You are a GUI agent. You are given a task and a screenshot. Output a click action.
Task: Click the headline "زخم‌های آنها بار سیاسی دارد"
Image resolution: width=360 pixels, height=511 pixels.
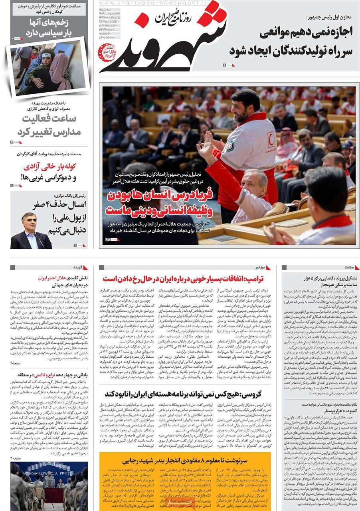click(49, 27)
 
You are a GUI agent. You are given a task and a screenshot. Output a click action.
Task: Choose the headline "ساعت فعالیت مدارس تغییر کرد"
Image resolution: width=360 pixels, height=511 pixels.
click(49, 125)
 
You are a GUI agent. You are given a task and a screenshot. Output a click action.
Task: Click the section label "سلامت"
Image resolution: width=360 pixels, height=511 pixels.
click(341, 267)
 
